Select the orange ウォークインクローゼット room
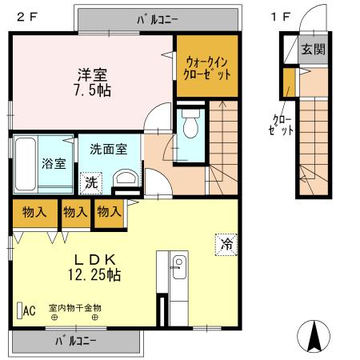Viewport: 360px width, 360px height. [x=208, y=66]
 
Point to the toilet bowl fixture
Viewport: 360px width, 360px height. [x=190, y=127]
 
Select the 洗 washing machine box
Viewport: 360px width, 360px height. [x=91, y=182]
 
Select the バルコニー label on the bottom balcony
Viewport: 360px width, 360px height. [x=76, y=341]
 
